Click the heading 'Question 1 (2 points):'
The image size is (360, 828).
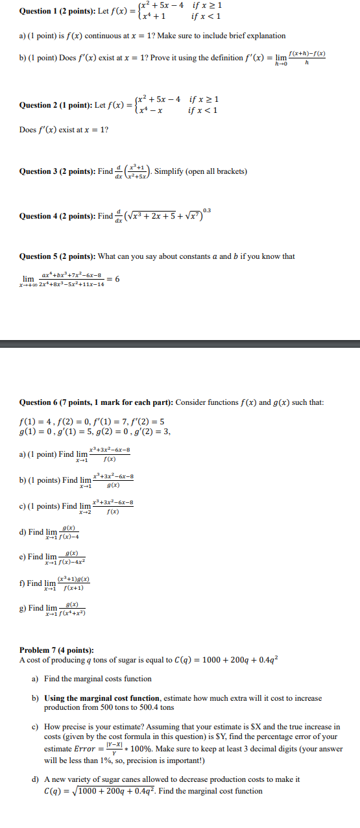tap(55, 11)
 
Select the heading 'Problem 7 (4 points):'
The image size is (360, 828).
tap(56, 650)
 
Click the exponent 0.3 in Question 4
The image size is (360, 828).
tap(206, 210)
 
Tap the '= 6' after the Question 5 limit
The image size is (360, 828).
tap(113, 279)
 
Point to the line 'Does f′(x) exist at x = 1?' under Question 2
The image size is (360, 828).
tap(64, 130)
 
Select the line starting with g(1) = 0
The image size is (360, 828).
tap(95, 431)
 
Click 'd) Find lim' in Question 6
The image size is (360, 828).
tap(38, 532)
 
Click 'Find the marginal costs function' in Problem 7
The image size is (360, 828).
tap(98, 679)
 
